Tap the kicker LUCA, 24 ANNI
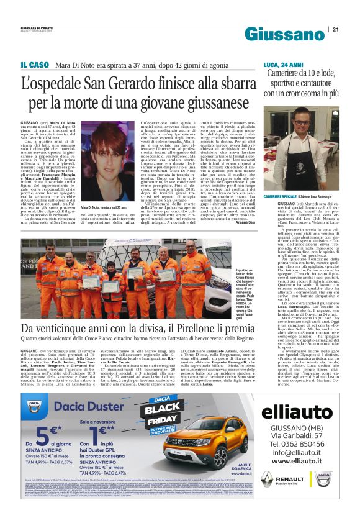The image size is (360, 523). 283,65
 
